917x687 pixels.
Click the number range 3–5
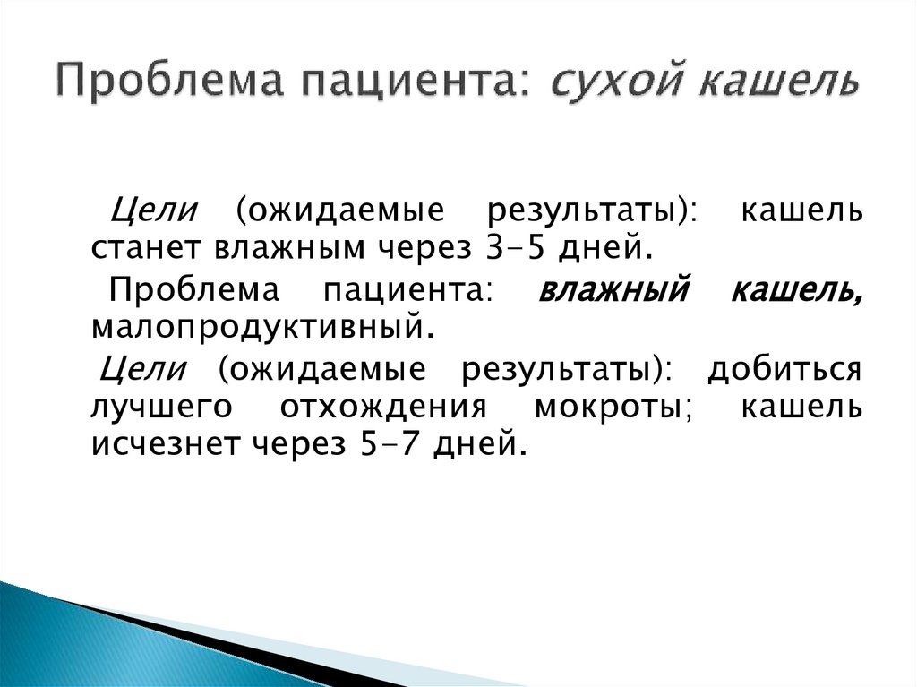point(522,247)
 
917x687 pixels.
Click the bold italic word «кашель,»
point(797,291)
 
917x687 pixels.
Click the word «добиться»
point(784,369)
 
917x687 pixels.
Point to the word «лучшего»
point(161,408)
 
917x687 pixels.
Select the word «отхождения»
point(383,408)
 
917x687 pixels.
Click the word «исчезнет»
point(167,443)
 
